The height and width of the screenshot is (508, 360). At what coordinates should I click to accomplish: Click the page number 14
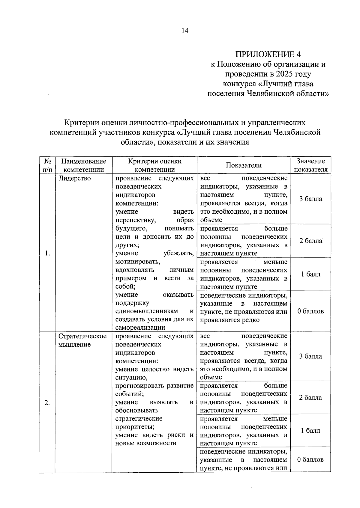(185, 31)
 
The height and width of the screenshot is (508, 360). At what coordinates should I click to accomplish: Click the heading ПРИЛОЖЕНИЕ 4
(268, 54)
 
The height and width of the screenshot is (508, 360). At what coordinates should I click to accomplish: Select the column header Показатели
(244, 165)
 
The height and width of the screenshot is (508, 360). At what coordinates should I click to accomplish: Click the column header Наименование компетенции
(84, 165)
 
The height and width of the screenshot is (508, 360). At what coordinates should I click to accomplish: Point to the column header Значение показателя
(310, 165)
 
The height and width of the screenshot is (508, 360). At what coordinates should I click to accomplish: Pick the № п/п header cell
(47, 165)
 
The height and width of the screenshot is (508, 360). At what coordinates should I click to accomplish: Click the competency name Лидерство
(74, 178)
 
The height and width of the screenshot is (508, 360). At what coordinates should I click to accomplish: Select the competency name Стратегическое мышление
(82, 340)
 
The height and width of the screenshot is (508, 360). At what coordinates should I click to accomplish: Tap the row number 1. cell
(47, 253)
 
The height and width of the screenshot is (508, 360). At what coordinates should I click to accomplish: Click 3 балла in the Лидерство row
(310, 199)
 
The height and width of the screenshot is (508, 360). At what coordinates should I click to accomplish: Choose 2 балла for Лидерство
(310, 241)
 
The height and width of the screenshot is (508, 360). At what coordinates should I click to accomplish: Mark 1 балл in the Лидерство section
(310, 274)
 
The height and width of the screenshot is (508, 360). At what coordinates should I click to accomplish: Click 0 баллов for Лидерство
(310, 311)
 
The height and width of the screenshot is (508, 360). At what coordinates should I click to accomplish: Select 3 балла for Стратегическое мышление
(310, 356)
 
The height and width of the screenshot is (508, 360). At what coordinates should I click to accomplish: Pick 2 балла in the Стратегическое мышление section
(310, 398)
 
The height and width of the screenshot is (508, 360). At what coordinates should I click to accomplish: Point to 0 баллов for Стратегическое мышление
(310, 459)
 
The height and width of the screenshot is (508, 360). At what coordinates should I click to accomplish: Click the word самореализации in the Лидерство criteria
(140, 328)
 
